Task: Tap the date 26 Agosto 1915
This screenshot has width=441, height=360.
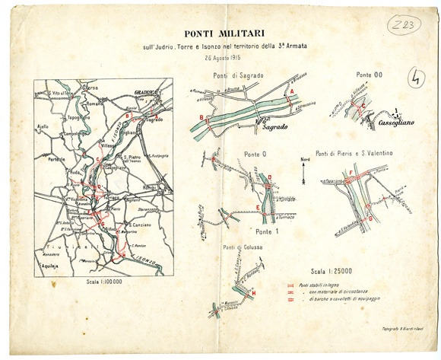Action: click(x=225, y=58)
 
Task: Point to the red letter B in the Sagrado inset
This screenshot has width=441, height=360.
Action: click(x=201, y=116)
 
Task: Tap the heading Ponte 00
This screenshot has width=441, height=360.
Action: click(x=369, y=74)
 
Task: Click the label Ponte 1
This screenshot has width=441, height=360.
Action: click(x=267, y=231)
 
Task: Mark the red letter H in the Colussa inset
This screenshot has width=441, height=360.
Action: click(x=253, y=293)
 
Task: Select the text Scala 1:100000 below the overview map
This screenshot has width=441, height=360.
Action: click(x=103, y=281)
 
